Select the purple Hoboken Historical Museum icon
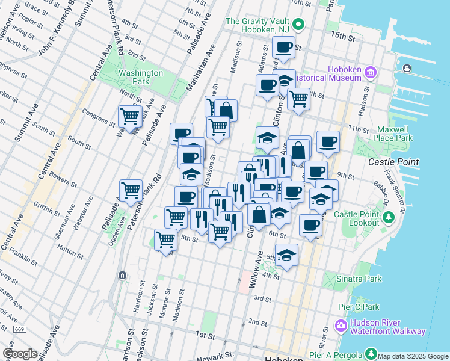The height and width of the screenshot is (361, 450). point(369,73)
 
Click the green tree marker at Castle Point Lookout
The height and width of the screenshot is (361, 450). point(389,215)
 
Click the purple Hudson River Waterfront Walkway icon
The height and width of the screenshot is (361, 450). point(342,326)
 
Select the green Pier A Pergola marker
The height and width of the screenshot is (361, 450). point(372,354)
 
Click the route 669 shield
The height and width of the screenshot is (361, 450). point(20,329)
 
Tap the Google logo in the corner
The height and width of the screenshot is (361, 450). point(20,354)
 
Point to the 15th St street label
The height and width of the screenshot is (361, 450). point(343,37)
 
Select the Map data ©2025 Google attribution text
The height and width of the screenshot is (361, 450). point(413,356)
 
